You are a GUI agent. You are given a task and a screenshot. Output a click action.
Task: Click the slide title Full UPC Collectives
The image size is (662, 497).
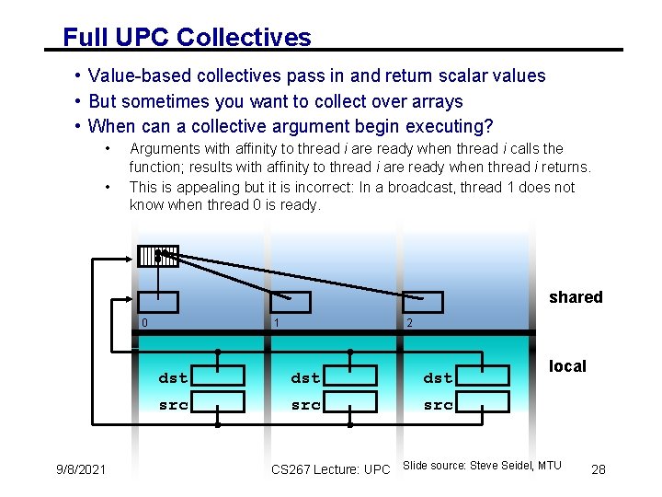187,38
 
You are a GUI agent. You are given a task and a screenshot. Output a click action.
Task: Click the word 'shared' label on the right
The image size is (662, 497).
576,297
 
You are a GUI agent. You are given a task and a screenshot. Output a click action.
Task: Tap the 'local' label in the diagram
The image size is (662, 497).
567,366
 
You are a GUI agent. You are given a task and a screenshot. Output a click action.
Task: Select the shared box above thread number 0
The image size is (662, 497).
158,302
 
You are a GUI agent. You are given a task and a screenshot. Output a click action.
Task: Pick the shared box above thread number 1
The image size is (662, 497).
291,302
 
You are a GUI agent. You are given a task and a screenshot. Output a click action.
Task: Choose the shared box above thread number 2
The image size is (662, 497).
423,302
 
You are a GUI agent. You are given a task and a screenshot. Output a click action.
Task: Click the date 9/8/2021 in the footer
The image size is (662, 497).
80,470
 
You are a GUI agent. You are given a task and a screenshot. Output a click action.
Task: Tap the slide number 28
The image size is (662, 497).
599,470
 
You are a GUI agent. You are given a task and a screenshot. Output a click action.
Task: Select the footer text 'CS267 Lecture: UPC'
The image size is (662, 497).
331,470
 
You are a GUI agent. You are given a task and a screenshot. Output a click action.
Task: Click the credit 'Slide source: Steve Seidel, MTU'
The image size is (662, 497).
482,466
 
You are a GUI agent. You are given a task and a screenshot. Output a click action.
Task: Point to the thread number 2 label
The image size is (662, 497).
410,323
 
